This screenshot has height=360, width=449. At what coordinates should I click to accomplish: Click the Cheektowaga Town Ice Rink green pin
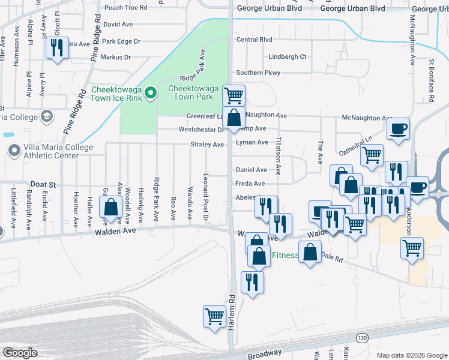point(151,93)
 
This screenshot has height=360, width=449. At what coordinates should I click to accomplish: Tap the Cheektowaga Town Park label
point(191,92)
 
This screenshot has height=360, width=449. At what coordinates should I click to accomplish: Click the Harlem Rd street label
point(231,307)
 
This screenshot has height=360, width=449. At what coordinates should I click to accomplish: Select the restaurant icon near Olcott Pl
point(57,47)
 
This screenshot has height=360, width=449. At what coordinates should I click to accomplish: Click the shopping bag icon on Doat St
point(111,208)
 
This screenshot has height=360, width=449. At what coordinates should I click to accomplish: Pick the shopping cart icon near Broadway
point(214,316)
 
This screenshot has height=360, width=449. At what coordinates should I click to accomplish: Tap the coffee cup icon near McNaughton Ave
point(399,128)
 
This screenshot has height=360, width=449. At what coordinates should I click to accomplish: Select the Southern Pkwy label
point(258,73)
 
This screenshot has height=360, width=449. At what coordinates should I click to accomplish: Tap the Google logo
point(20,353)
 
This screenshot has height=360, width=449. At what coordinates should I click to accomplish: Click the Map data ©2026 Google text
point(412,355)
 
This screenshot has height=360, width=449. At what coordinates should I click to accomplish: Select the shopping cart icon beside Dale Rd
point(412,247)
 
